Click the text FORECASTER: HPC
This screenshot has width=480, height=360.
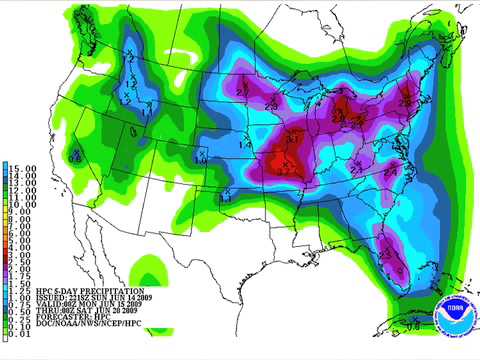coord(69,321)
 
